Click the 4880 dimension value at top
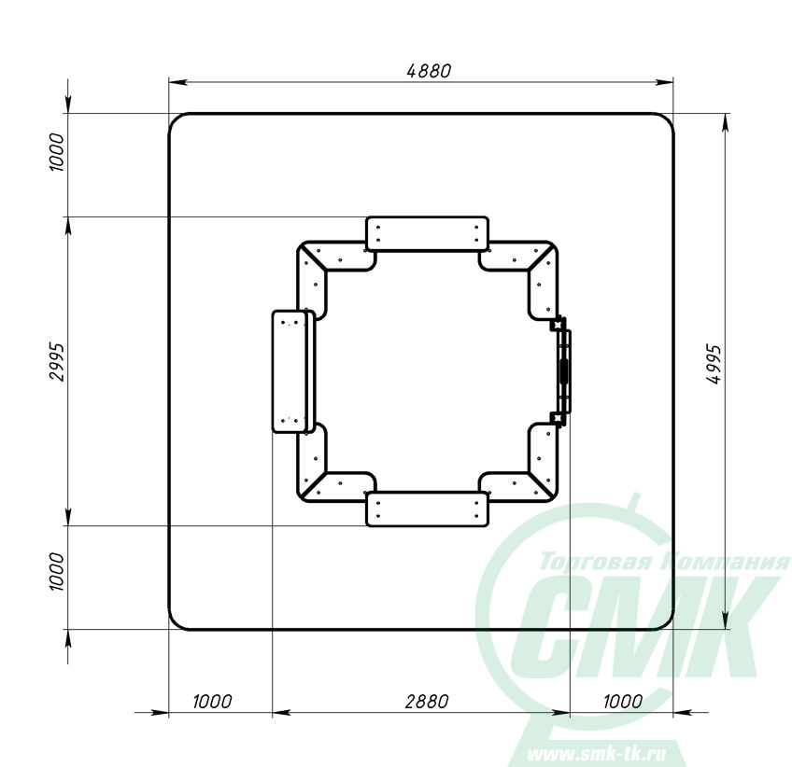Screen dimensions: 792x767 429,71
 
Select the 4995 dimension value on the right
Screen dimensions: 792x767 714,365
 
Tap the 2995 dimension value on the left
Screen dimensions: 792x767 57,362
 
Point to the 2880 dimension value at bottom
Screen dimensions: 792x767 427,702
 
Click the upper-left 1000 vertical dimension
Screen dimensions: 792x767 57,152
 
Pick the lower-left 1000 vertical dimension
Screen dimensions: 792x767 57,572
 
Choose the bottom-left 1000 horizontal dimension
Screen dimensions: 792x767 213,702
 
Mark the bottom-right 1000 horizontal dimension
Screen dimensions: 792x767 623,702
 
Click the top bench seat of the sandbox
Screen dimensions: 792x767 428,233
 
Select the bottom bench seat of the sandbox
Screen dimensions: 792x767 428,509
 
